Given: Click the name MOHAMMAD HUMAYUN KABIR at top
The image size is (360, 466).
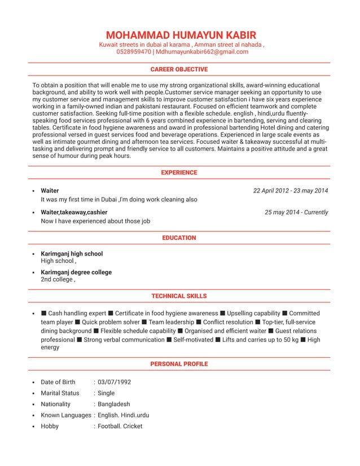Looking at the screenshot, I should [x=181, y=34].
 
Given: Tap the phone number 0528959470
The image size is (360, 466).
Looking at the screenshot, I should [x=134, y=52].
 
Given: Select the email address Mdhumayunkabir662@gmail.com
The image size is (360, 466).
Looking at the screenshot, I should [x=202, y=52].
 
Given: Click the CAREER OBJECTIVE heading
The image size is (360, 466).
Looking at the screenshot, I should [x=179, y=69].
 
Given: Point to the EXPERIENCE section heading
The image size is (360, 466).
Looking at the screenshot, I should [x=179, y=173].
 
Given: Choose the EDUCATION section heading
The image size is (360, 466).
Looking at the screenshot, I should [x=179, y=238].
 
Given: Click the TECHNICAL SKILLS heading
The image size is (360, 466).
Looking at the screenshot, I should [x=179, y=296].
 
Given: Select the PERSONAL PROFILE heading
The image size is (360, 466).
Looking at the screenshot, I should [x=179, y=364].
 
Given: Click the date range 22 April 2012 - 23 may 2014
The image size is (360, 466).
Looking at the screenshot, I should [x=291, y=191].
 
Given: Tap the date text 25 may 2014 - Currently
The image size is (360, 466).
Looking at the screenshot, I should [x=296, y=213].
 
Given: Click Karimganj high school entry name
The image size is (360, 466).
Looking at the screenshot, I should [x=72, y=254].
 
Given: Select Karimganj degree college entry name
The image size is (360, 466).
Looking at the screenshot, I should [x=76, y=272].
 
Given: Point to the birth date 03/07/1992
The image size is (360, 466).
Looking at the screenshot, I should [x=115, y=383].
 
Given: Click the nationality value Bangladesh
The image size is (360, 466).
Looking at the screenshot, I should [x=114, y=405].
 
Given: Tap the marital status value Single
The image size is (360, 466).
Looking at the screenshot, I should [x=106, y=393].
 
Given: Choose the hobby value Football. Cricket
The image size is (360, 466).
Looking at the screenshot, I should [x=120, y=427].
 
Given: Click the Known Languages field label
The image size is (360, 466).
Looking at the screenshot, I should [x=65, y=415].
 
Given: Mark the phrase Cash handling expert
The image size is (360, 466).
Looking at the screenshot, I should [x=77, y=314].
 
